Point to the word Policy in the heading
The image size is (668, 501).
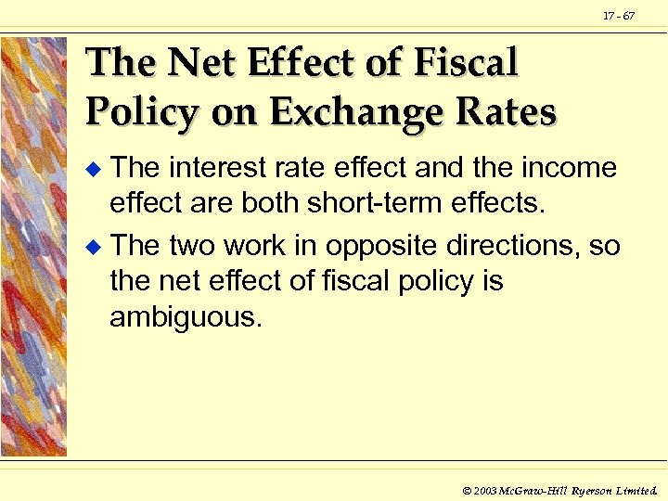tap(140, 111)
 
